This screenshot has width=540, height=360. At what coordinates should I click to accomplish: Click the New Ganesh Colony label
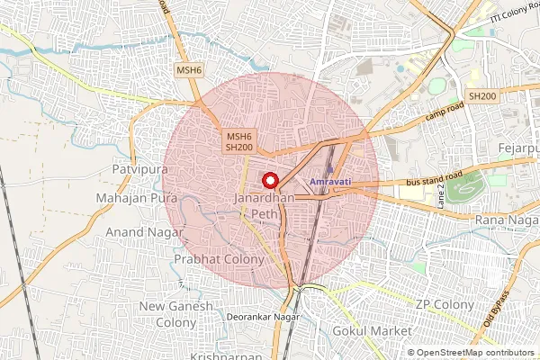pyautogui.click(x=176, y=314)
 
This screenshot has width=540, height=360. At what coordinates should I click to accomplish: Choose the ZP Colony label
pyautogui.click(x=445, y=305)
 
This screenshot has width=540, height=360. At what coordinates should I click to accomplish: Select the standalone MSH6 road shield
pyautogui.click(x=189, y=69)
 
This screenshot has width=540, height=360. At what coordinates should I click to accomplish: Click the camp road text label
pyautogui.click(x=443, y=112)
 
